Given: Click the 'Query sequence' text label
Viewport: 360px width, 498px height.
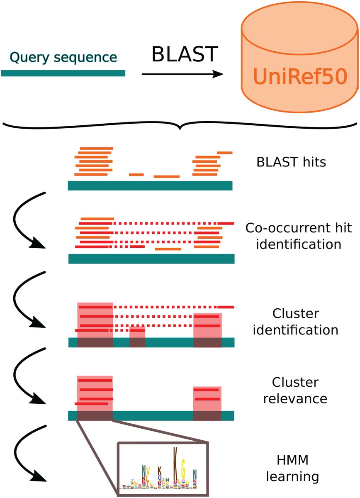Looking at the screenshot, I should (63, 58).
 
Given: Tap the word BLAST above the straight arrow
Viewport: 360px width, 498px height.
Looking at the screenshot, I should (185, 54).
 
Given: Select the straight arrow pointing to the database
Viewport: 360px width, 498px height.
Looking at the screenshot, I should (182, 75).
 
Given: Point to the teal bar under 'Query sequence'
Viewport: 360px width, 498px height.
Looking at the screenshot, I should (63, 73).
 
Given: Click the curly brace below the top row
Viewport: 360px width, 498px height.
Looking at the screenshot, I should (180, 125).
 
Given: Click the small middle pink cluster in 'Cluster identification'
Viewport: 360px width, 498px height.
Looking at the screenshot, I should (137, 337).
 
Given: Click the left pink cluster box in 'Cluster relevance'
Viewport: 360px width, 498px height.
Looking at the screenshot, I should (95, 398).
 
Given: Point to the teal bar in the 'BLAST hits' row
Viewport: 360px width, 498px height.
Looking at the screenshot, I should (150, 186).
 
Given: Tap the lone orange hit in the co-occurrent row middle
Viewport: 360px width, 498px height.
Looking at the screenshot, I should (168, 249).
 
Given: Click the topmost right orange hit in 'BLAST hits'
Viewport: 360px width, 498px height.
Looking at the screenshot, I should (225, 153).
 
